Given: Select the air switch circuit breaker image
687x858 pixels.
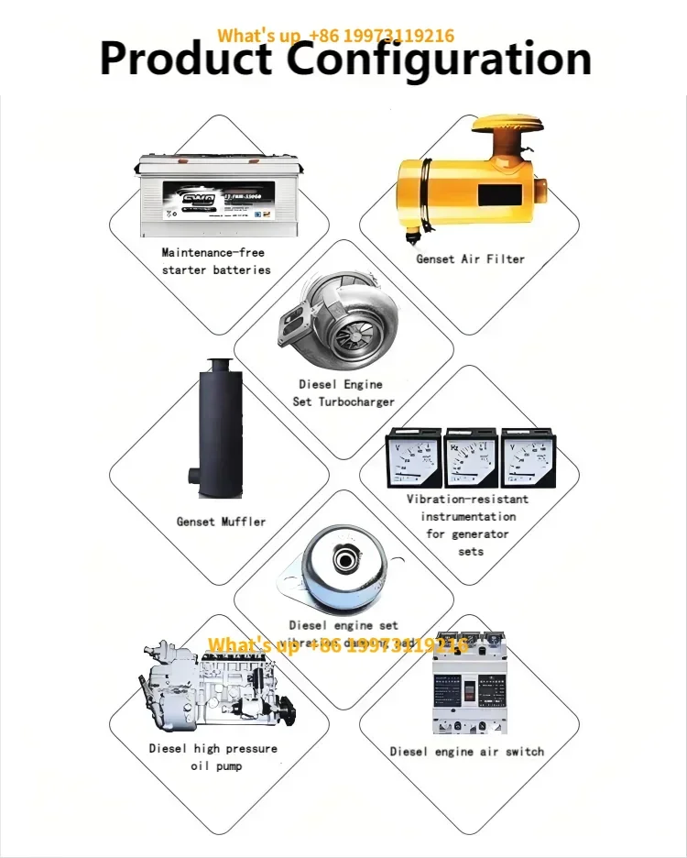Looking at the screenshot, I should (468, 684).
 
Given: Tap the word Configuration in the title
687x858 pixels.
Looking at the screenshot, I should (439, 59).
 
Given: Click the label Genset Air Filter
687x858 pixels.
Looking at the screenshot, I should (470, 259).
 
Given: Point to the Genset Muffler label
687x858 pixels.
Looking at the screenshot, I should (221, 522).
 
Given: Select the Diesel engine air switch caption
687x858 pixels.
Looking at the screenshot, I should (466, 752).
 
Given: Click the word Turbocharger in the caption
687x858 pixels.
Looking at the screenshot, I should (355, 401).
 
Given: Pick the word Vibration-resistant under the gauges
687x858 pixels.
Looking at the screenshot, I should (467, 500).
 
